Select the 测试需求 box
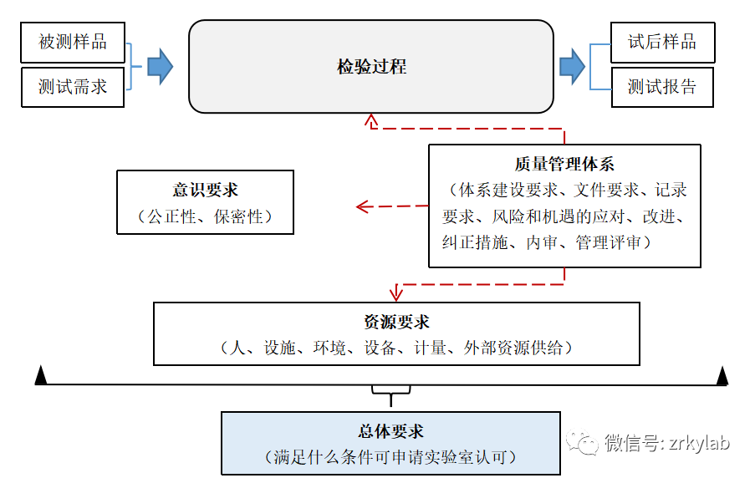click(x=73, y=86)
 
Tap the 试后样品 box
click(x=662, y=42)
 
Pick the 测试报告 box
click(x=662, y=86)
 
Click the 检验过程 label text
click(x=371, y=67)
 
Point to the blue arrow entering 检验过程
click(x=160, y=66)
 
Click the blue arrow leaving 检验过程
click(x=572, y=66)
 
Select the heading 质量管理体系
click(x=564, y=165)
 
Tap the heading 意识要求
click(x=205, y=191)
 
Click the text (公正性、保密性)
click(x=205, y=216)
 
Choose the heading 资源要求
click(x=396, y=323)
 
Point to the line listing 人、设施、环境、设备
click(x=396, y=348)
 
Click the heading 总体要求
click(x=390, y=432)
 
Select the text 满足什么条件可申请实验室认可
click(x=390, y=457)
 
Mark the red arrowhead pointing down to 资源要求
click(x=397, y=293)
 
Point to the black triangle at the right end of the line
click(x=722, y=376)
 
